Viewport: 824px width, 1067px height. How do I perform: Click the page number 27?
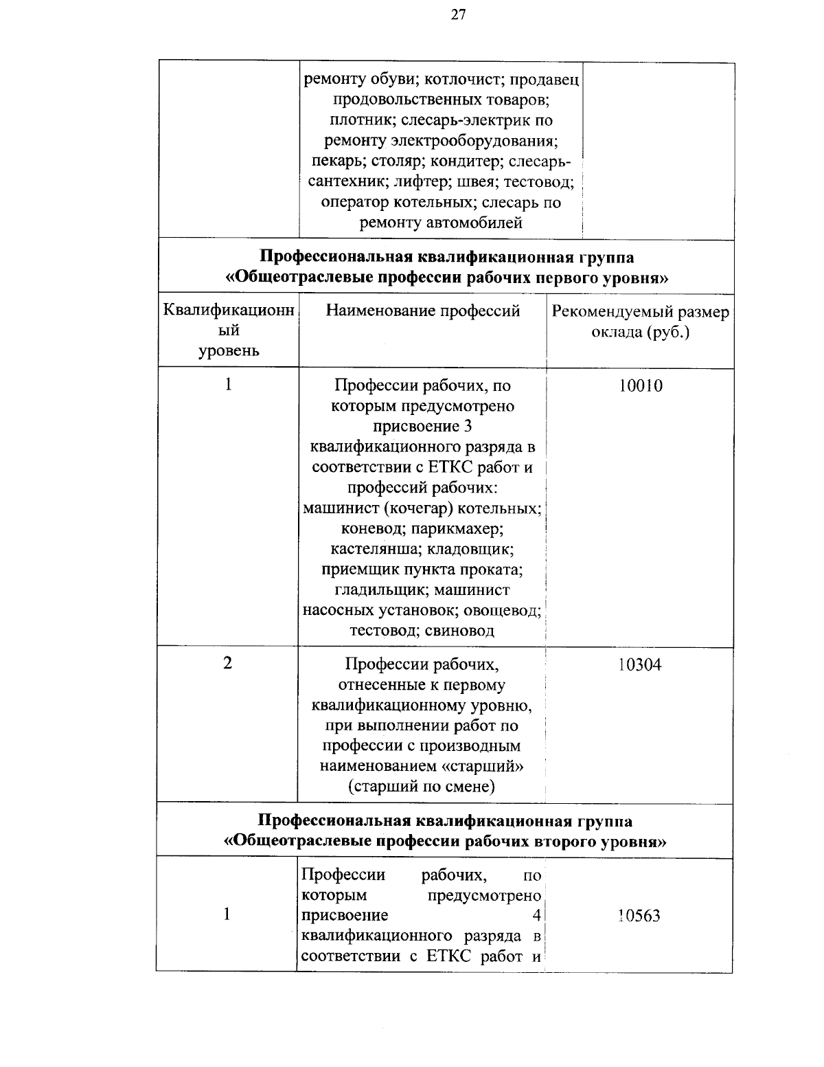click(x=459, y=15)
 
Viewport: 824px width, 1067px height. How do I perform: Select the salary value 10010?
click(x=640, y=386)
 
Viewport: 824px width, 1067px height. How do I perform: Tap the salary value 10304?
click(x=640, y=665)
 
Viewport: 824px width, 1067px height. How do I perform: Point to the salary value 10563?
click(x=639, y=916)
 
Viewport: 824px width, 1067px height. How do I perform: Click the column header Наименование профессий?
click(x=423, y=311)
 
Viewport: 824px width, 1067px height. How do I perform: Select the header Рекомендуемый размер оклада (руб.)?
click(x=641, y=322)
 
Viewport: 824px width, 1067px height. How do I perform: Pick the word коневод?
click(x=371, y=529)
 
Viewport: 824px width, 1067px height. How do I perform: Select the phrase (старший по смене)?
click(x=422, y=787)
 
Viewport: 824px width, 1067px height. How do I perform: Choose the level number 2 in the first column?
click(x=228, y=664)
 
